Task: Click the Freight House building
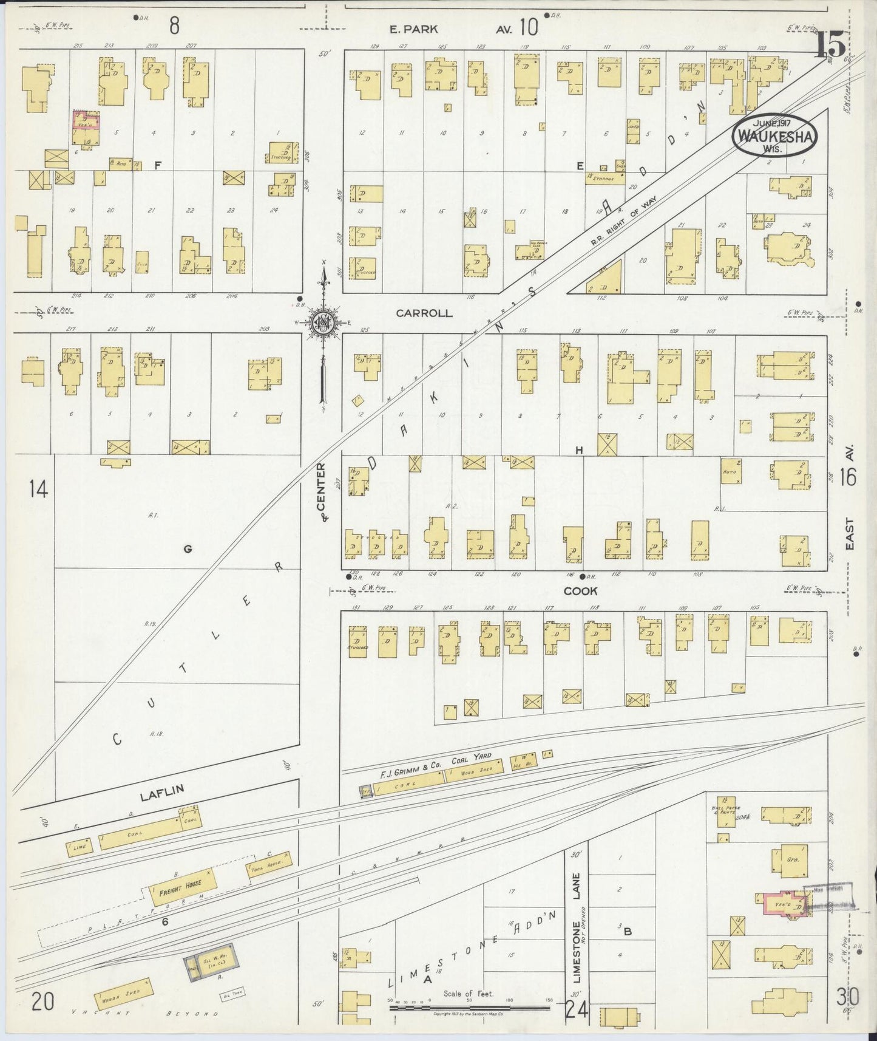click(180, 883)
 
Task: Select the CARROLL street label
click(424, 313)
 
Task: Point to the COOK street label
click(580, 591)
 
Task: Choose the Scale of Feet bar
click(469, 1008)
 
